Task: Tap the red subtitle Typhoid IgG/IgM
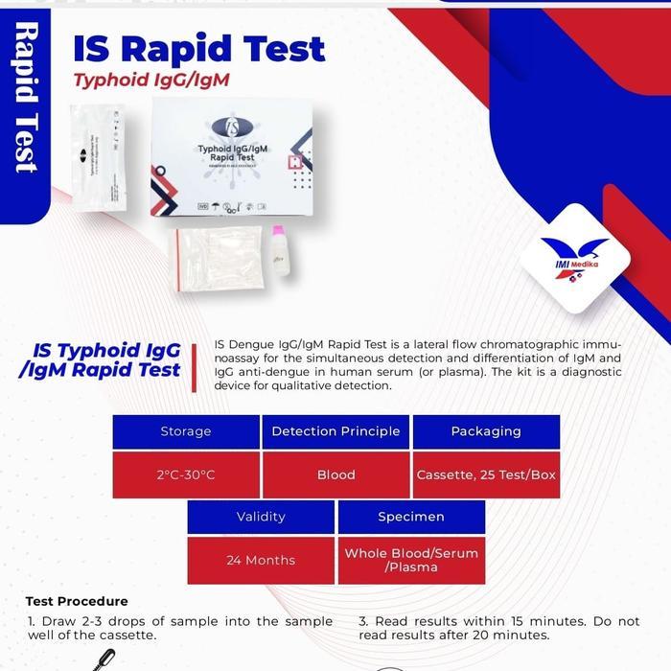(151, 80)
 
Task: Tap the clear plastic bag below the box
(216, 258)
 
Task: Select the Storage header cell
(186, 431)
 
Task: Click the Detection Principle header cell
(335, 431)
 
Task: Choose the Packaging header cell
(486, 431)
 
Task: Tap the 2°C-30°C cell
(186, 475)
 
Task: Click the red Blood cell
(335, 475)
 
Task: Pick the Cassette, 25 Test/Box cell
(486, 475)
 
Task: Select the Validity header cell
(261, 517)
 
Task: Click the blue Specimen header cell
(411, 517)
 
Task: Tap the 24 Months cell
(261, 561)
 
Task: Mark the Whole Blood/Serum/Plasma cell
(411, 561)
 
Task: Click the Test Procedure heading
(77, 602)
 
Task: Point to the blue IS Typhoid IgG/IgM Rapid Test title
(101, 360)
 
